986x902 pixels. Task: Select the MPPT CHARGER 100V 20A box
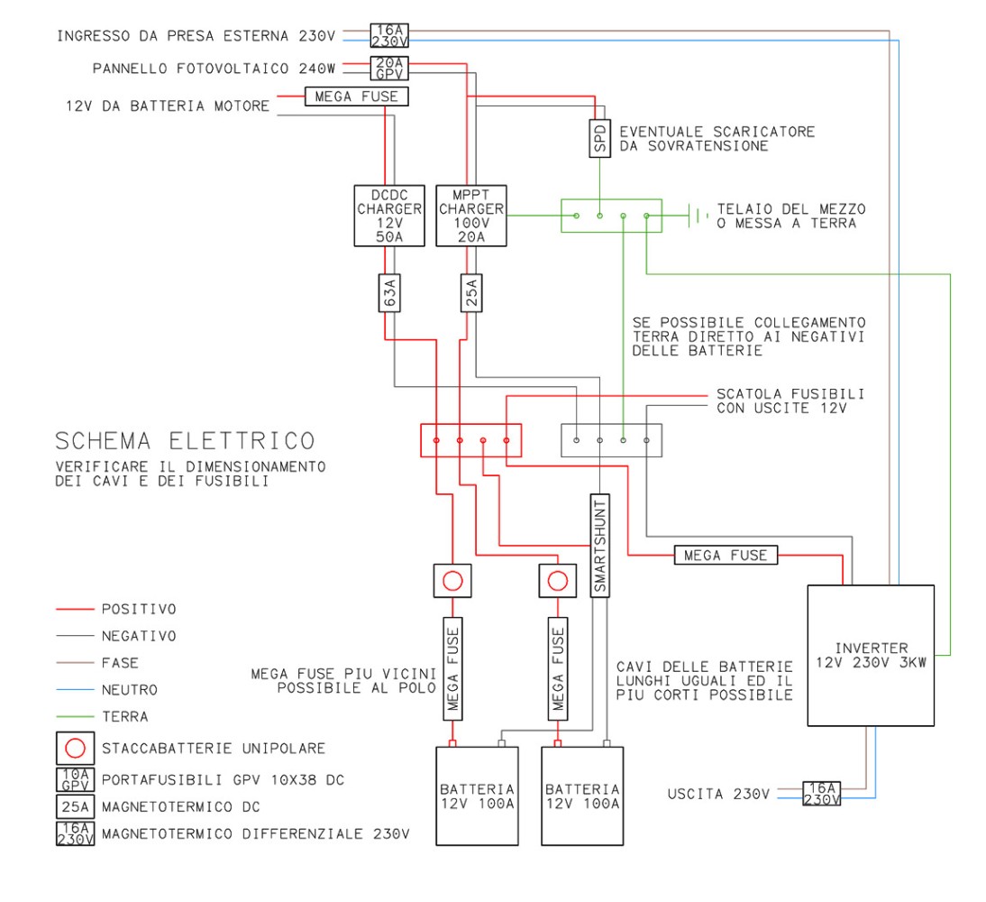[x=470, y=215]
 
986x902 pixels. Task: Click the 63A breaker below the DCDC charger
[x=389, y=292]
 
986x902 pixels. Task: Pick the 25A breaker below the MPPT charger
[x=470, y=292]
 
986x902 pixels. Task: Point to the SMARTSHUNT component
[x=600, y=545]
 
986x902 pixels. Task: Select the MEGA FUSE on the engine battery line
[x=357, y=96]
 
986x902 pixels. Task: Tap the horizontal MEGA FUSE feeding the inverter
[x=726, y=556]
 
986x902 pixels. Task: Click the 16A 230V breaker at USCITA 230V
[x=821, y=794]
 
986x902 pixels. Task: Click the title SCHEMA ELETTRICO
[x=185, y=441]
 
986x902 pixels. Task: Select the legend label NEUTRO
[x=129, y=690]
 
